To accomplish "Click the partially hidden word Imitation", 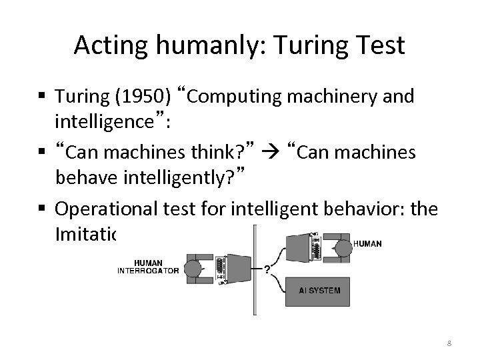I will coord(85,235).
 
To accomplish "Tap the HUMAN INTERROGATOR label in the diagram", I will coord(148,267).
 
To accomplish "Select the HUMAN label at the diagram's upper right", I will coord(367,244).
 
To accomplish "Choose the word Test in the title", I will coord(380,45).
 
